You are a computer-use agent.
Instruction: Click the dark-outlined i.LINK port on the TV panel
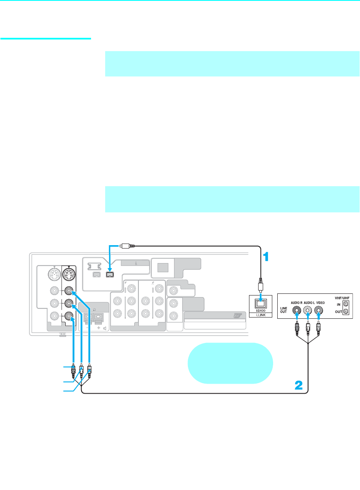(110, 274)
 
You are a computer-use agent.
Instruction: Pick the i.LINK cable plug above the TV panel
(126, 246)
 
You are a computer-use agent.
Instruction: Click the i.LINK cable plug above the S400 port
(260, 287)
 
